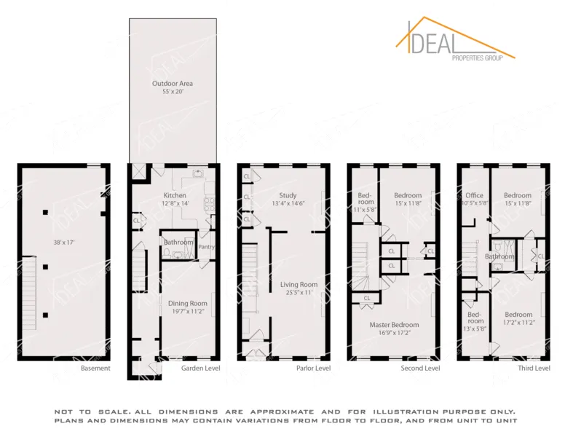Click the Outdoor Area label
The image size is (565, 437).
[x=173, y=84]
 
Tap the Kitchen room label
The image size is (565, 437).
[x=175, y=195]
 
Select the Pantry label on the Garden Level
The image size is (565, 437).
[x=207, y=247]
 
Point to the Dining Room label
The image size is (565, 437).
[x=189, y=303]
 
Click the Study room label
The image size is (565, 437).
[x=288, y=195]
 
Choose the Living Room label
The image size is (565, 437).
[x=299, y=284]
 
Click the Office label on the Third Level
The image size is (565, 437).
[x=475, y=195]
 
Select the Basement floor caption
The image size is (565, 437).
[x=95, y=369]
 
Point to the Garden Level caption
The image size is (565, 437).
[x=201, y=369]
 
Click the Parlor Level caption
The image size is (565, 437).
[x=313, y=369]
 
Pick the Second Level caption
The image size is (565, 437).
[x=420, y=369]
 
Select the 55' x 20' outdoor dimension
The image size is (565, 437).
[x=173, y=93]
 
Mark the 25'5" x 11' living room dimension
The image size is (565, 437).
[x=299, y=293]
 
